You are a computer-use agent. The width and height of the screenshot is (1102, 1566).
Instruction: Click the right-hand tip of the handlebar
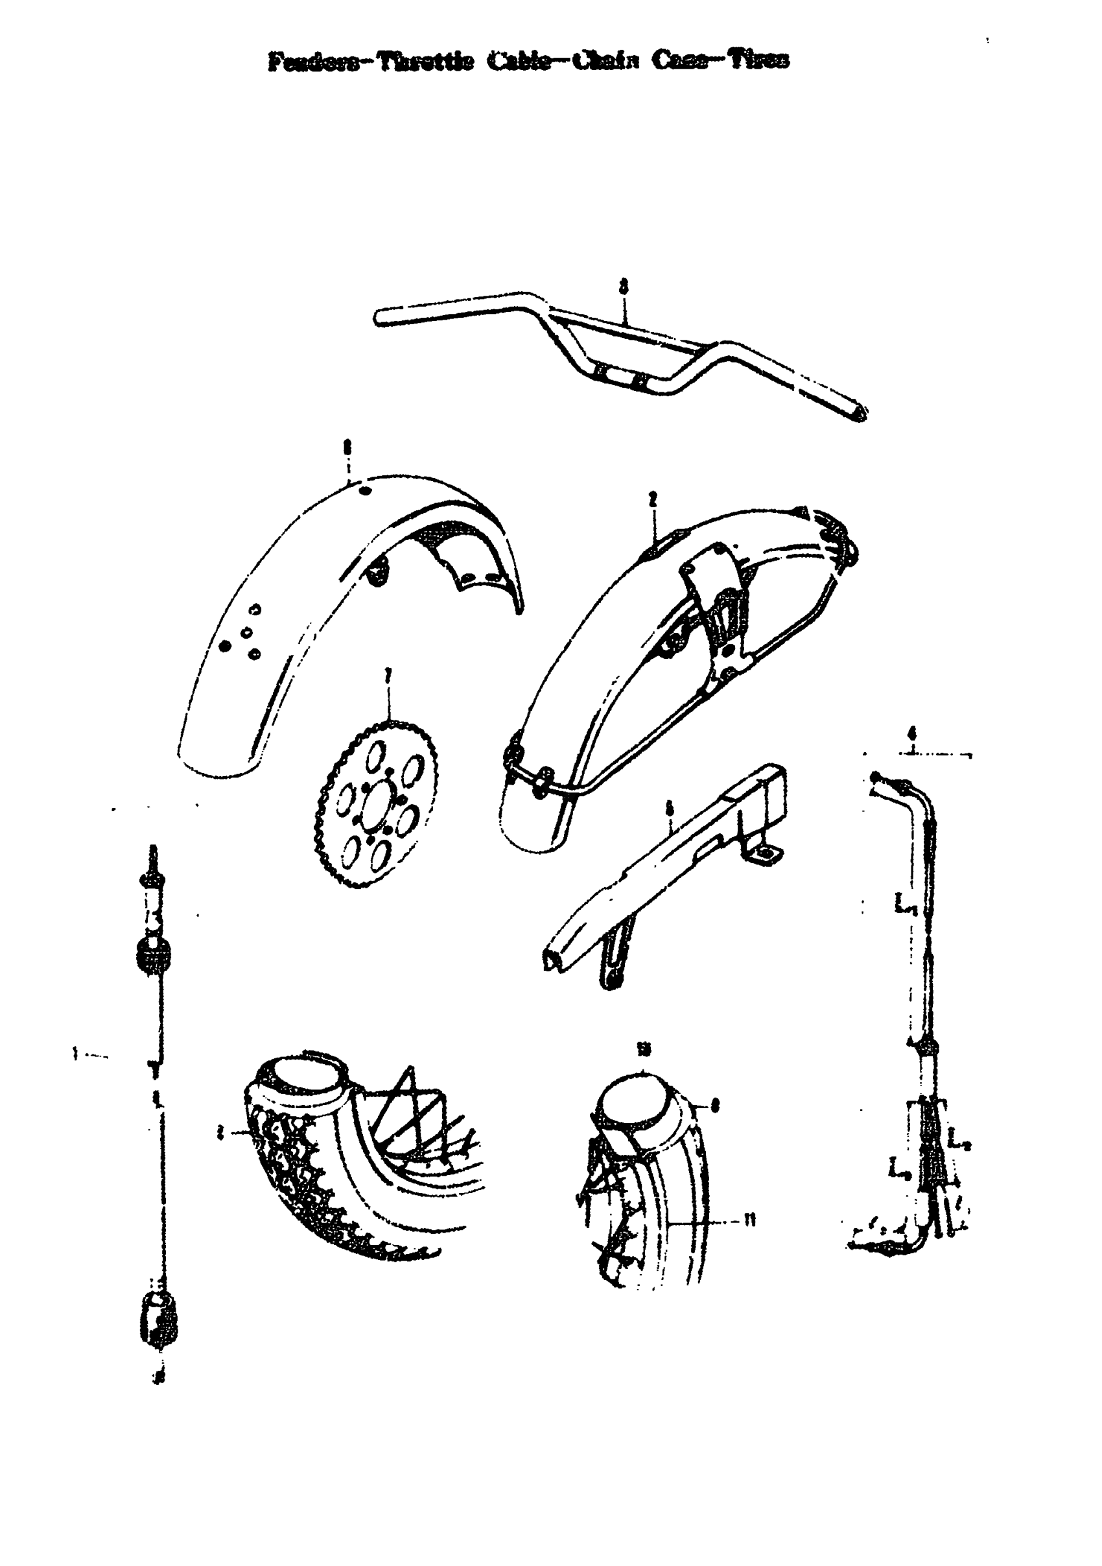(x=861, y=412)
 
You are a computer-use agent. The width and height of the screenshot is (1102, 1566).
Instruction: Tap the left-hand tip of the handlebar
(x=379, y=318)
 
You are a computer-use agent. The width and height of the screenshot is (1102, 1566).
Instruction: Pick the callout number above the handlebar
(x=622, y=287)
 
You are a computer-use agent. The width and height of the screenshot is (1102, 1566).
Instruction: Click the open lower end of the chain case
(x=554, y=960)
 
